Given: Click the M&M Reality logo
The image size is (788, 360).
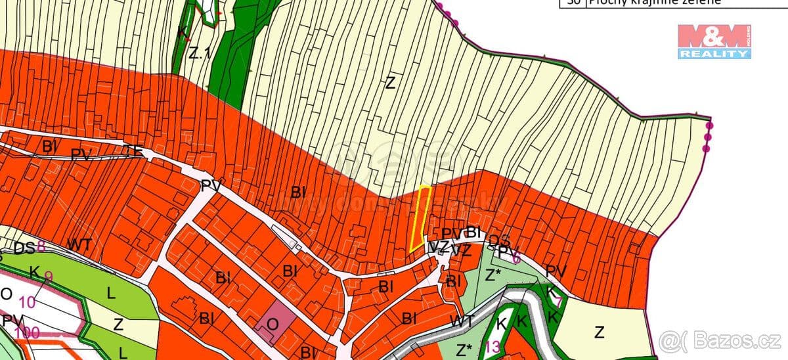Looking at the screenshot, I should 714,41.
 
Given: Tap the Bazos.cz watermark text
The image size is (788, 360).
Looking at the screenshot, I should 722,341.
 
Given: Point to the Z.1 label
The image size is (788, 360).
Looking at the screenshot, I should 198,55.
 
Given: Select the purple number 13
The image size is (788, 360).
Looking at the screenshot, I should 491,347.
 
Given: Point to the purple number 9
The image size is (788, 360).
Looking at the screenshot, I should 48,277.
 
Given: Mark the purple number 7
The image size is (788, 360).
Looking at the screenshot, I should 558,302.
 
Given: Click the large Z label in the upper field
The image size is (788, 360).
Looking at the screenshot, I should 391,83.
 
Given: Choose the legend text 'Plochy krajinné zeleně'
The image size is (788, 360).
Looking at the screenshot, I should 654,3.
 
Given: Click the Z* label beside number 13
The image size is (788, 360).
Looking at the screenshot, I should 465,348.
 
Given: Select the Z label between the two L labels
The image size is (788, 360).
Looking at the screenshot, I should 118,323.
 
